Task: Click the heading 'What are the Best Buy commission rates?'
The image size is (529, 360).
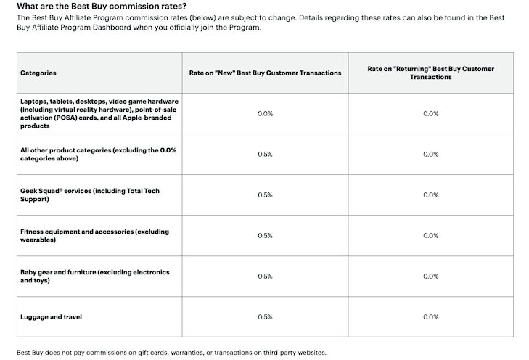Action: point(102,6)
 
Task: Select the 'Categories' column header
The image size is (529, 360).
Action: point(38,73)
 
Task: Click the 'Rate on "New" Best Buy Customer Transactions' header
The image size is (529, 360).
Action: point(265,73)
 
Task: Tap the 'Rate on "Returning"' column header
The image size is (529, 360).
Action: point(431,73)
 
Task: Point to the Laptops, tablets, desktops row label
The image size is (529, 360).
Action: point(99,113)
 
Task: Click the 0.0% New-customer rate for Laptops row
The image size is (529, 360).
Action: point(265,114)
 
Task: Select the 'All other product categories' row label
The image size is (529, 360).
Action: point(98,154)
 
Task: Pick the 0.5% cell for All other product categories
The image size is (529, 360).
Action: point(265,154)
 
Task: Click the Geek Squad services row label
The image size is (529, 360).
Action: point(90,195)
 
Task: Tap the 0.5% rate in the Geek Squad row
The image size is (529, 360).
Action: point(265,195)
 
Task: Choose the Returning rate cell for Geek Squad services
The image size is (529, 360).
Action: point(431,195)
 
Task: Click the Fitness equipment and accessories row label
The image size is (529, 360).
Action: point(94,235)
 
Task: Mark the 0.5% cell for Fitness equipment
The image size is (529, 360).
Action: point(265,235)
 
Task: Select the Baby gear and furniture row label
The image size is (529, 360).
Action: point(95,276)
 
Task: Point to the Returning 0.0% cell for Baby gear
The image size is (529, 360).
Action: point(431,277)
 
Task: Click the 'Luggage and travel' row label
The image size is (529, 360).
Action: point(51,316)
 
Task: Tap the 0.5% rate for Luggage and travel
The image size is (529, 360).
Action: point(265,316)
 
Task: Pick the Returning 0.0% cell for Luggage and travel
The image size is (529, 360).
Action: point(431,316)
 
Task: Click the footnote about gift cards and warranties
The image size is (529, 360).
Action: point(172,353)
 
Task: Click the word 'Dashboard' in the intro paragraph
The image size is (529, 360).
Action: point(112,28)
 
